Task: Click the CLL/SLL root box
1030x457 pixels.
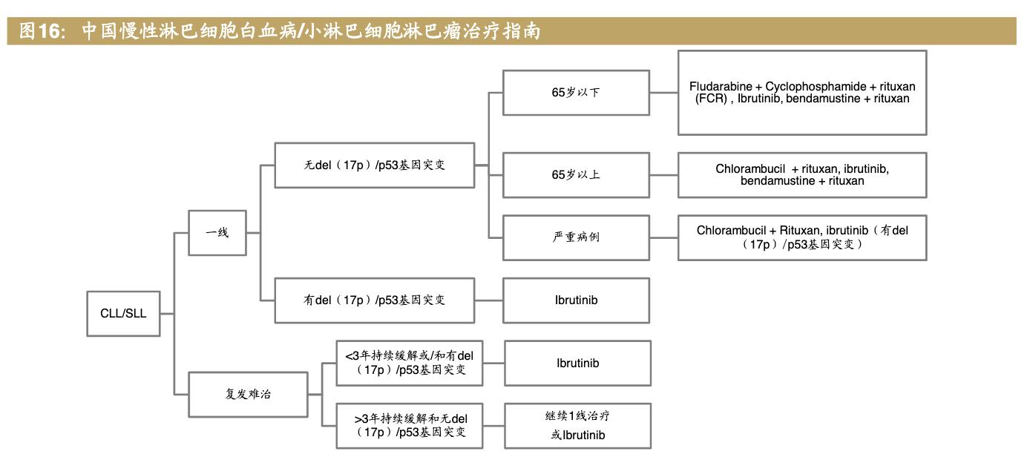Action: pyautogui.click(x=123, y=313)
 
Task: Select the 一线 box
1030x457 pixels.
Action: pyautogui.click(x=217, y=233)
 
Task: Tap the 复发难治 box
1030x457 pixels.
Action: pyautogui.click(x=248, y=394)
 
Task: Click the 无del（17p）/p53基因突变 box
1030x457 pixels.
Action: pyautogui.click(x=374, y=165)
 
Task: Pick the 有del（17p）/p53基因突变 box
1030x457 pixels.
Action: pyautogui.click(x=374, y=300)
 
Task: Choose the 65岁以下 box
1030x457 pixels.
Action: pyautogui.click(x=576, y=93)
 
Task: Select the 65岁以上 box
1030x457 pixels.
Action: pyautogui.click(x=576, y=175)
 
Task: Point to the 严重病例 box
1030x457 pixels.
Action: pyautogui.click(x=576, y=237)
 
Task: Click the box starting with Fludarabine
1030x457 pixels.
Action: pyautogui.click(x=801, y=93)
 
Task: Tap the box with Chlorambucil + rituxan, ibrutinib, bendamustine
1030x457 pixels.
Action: pyautogui.click(x=801, y=175)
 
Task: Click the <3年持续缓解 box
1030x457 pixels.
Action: pyautogui.click(x=410, y=363)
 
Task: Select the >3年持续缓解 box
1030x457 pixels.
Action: pyautogui.click(x=410, y=426)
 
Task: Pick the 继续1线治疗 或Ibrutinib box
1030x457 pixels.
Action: pyautogui.click(x=577, y=426)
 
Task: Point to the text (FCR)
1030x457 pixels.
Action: pyautogui.click(x=711, y=99)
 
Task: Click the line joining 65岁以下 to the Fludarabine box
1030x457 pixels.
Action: pyautogui.click(x=663, y=93)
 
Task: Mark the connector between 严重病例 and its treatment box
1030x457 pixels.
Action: pyautogui.click(x=663, y=237)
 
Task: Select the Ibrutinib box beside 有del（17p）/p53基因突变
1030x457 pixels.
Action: pyautogui.click(x=576, y=300)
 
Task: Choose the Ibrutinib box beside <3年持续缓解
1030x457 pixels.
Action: pyautogui.click(x=577, y=363)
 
